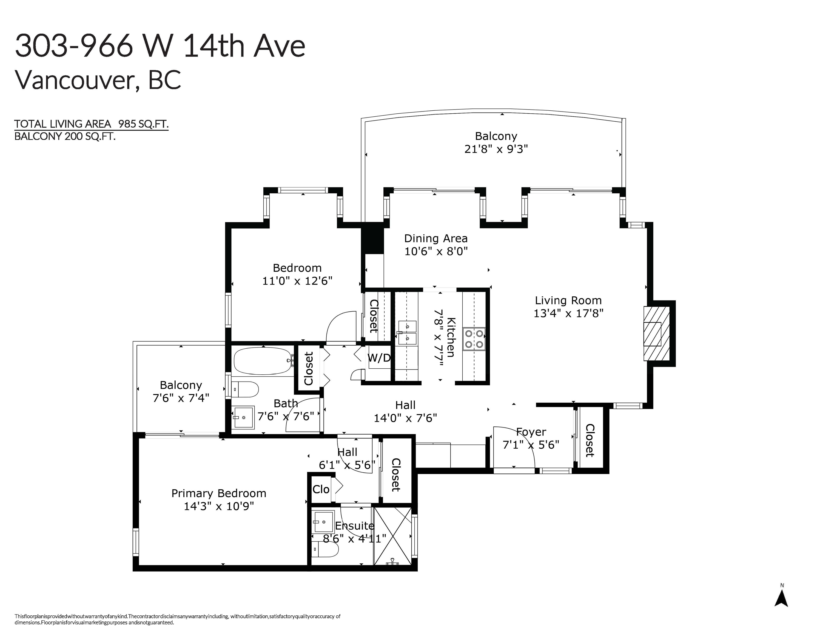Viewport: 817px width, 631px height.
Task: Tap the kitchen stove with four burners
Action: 474,339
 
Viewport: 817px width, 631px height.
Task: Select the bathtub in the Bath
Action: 263,361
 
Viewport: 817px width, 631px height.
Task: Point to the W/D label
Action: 379,358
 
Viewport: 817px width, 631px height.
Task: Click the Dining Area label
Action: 436,239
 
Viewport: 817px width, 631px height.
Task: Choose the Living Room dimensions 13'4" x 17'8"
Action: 568,313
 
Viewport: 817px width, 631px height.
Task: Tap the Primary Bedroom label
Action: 219,494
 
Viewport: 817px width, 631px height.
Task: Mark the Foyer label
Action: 531,432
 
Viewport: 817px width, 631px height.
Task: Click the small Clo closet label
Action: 321,489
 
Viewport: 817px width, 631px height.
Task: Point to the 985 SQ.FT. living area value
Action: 143,124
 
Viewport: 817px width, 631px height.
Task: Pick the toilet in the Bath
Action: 245,389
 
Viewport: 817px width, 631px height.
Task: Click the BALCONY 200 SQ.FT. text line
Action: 65,136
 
